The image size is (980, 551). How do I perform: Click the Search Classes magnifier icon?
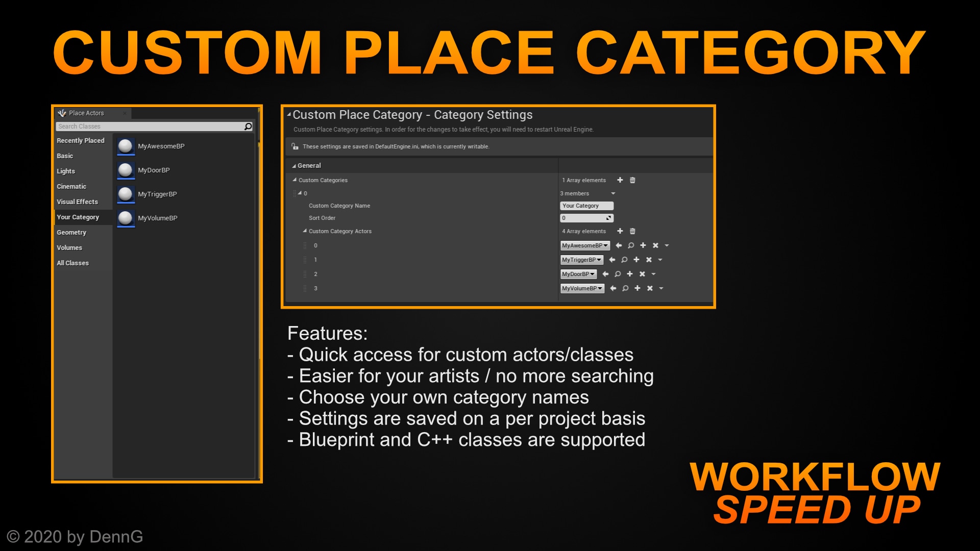[248, 127]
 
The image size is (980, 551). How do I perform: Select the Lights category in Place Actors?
[66, 171]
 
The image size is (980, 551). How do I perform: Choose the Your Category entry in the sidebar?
[78, 217]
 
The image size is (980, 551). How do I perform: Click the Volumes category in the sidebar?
[69, 248]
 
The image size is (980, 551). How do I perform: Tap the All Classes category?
[72, 263]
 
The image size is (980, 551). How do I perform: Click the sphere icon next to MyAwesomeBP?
[126, 146]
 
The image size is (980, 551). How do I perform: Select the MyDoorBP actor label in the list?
[154, 170]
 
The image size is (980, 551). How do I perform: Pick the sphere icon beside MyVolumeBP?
[126, 218]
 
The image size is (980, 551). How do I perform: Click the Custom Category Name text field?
[586, 206]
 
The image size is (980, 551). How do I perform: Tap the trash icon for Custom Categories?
[632, 180]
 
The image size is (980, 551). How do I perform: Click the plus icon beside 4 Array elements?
[620, 231]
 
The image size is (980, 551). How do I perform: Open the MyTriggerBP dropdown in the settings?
[581, 260]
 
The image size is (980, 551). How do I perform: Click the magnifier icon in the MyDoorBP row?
[618, 274]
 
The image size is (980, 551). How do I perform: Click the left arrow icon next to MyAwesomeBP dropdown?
[619, 246]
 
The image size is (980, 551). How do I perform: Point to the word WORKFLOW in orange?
[815, 477]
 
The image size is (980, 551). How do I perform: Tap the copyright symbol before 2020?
[13, 537]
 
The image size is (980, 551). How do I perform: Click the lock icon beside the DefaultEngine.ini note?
[295, 146]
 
